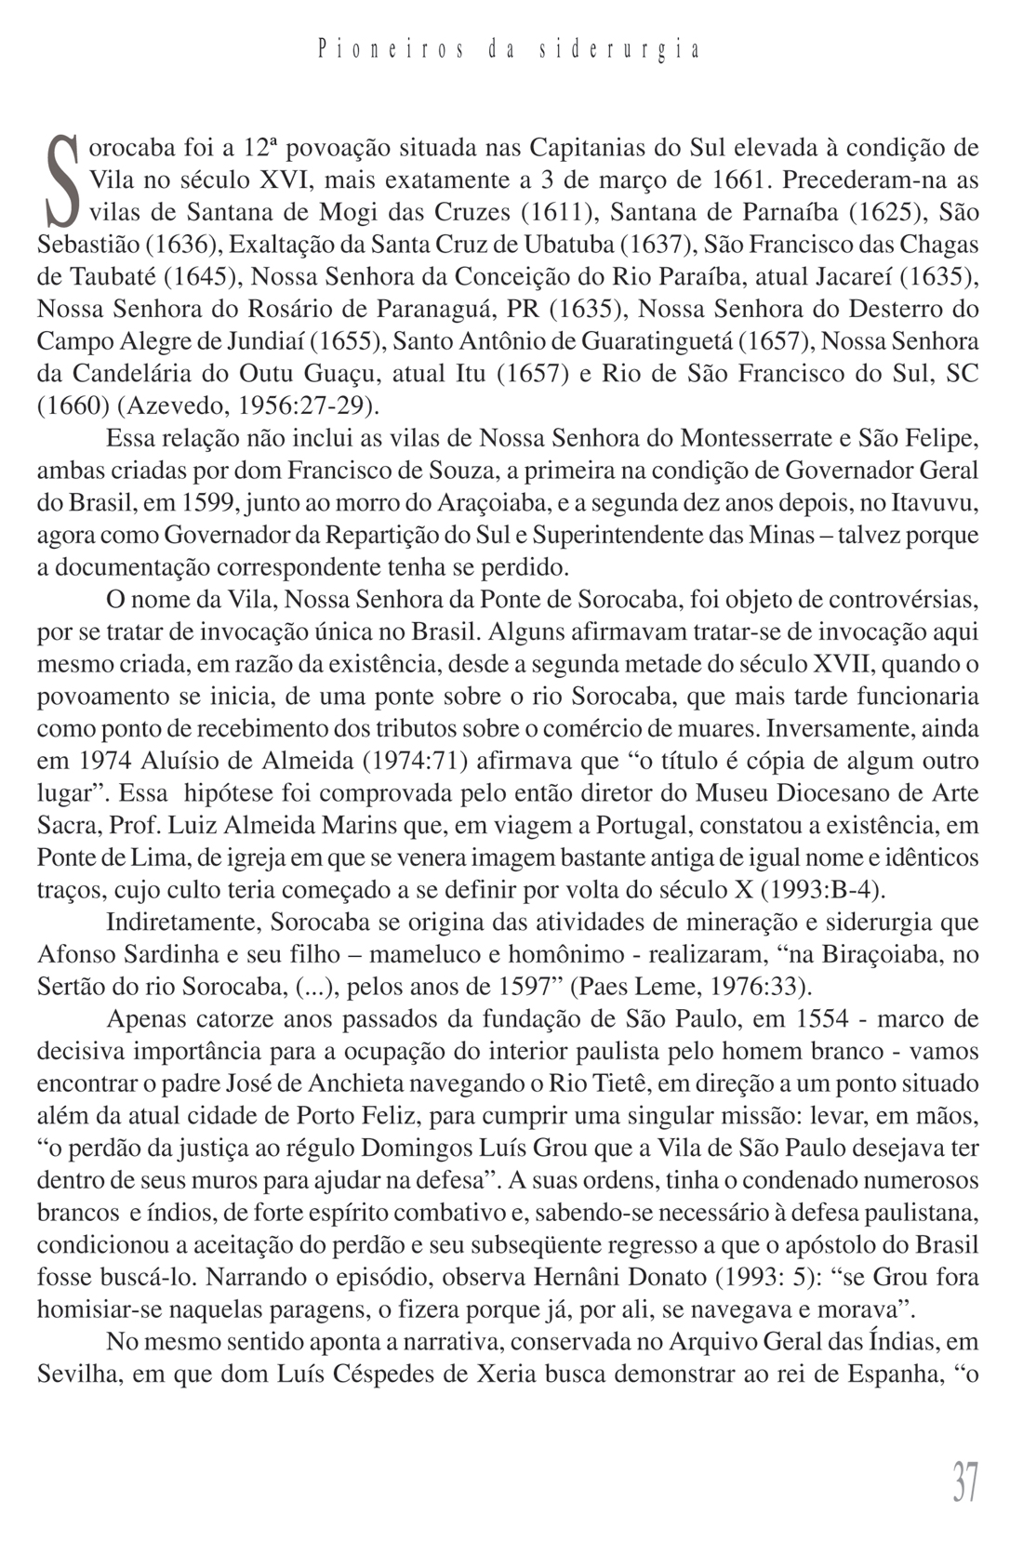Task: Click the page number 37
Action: tap(964, 1481)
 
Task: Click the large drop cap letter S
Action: tap(61, 180)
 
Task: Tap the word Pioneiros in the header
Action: tap(390, 49)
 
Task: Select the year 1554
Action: tap(822, 1018)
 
